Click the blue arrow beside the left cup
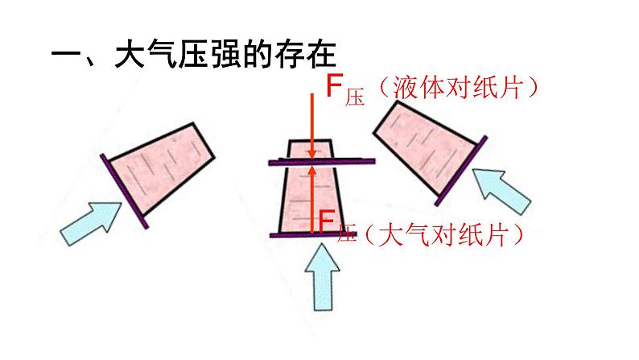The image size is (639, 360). coord(89,221)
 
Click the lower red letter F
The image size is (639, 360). coord(327,219)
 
